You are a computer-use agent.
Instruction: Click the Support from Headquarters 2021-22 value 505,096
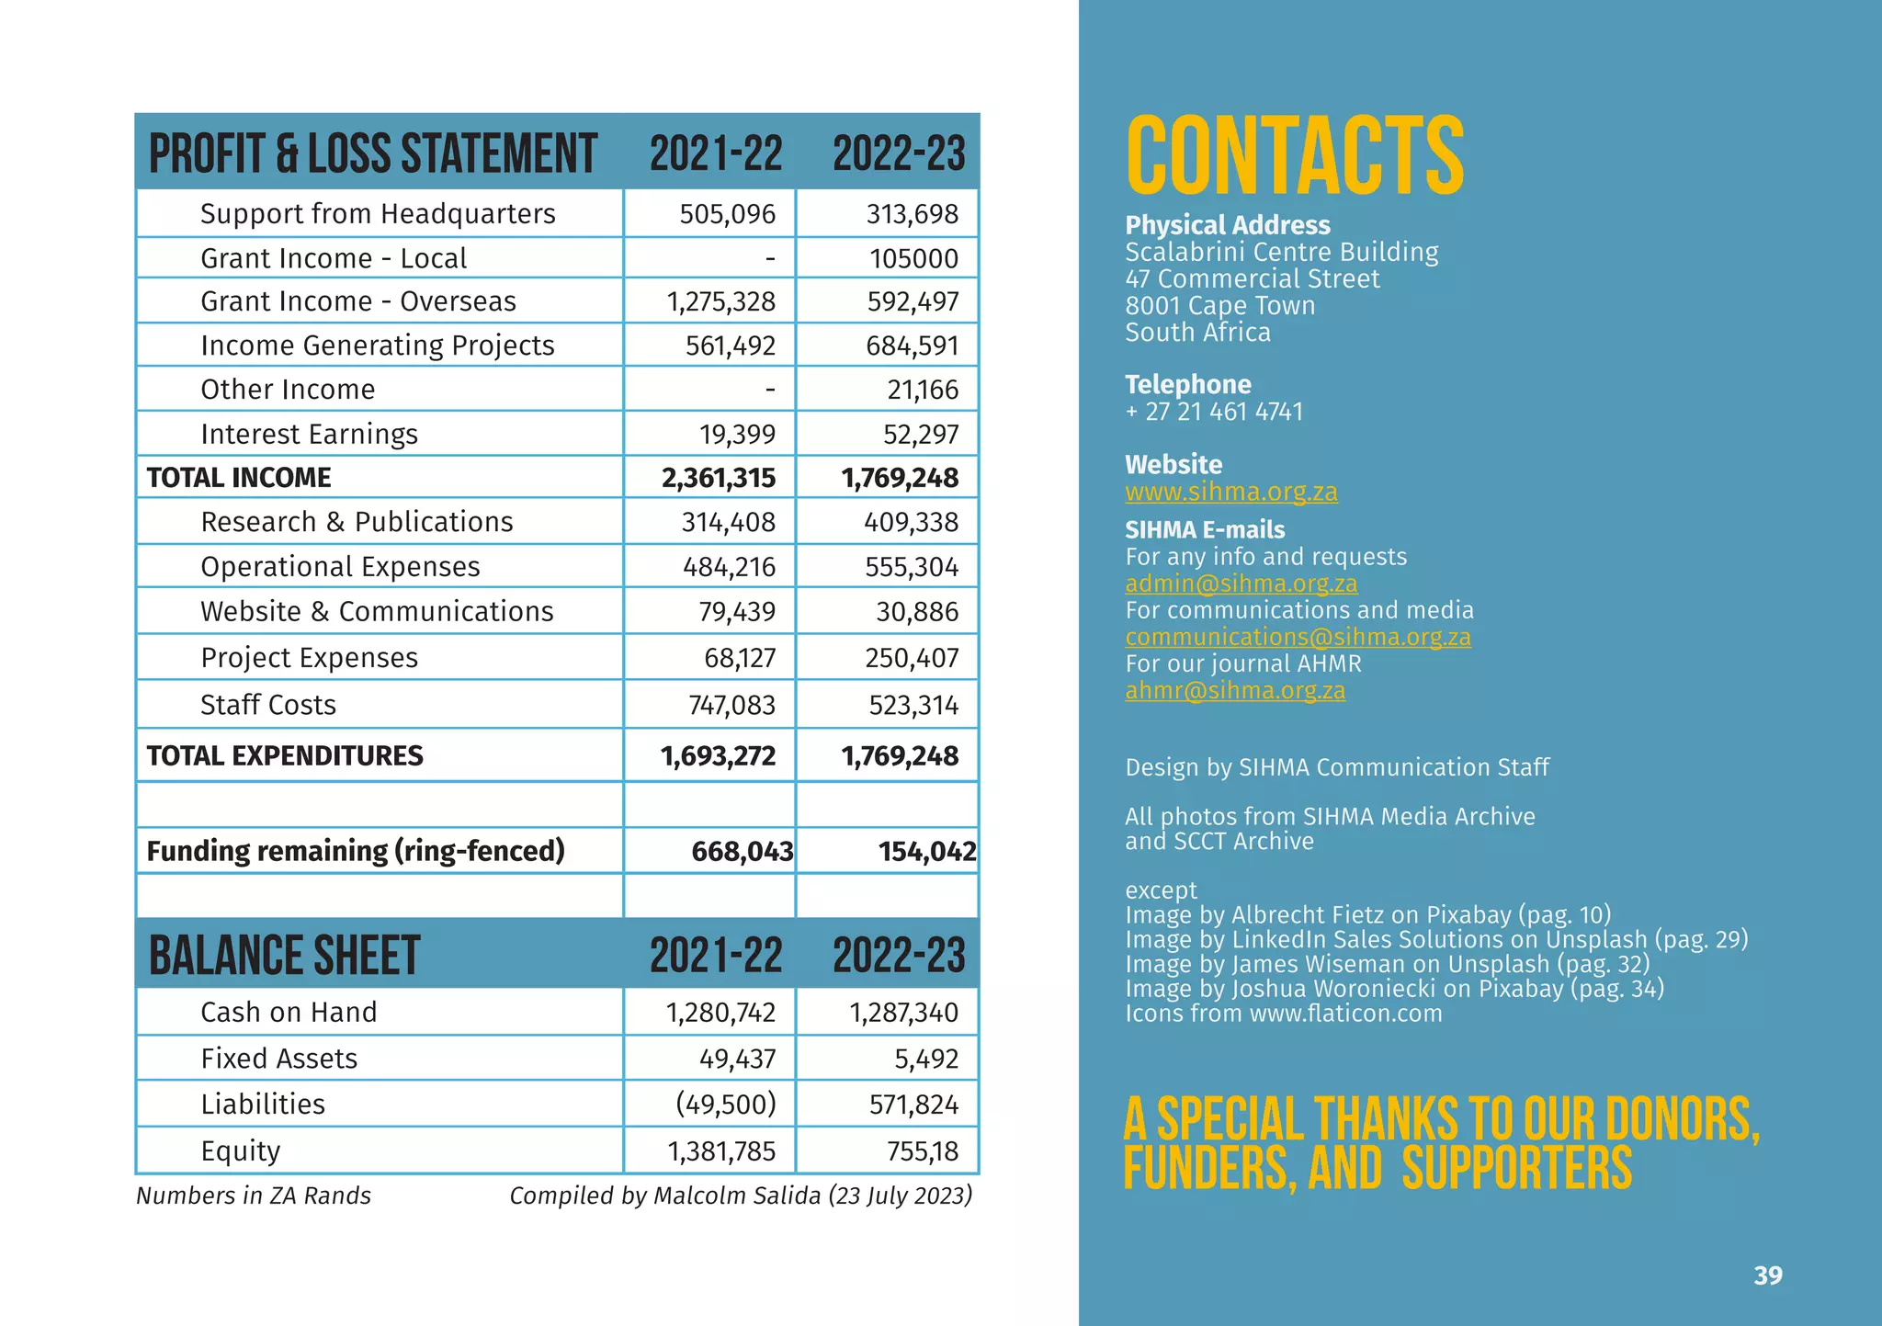coord(727,214)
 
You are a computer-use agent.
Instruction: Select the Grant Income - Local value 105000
coord(913,259)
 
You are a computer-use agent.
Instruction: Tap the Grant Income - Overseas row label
coord(358,301)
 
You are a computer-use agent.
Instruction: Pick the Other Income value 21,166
coord(922,390)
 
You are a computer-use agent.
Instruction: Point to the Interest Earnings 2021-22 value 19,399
coord(737,434)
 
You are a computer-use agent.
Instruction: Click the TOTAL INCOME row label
coord(239,478)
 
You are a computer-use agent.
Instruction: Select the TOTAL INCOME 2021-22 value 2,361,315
coord(719,478)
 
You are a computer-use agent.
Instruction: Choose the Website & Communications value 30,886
coord(916,612)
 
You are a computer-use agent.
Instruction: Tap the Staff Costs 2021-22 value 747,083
coord(731,705)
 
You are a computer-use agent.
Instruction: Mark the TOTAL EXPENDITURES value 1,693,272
coord(719,756)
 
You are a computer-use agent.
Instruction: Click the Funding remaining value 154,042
coord(927,852)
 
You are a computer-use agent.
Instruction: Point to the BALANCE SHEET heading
coord(285,957)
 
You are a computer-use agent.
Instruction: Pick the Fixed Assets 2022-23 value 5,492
coord(926,1059)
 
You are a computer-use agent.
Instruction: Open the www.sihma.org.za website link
coord(1231,492)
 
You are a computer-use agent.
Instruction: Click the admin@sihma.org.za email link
coord(1241,584)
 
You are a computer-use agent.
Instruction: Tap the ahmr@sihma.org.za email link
coord(1235,690)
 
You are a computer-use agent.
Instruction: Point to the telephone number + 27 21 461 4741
coord(1214,412)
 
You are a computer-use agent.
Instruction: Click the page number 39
coord(1768,1275)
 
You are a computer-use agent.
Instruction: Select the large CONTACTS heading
coord(1295,156)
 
